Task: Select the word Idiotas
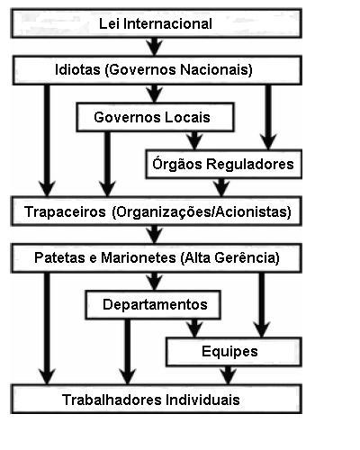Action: [77, 69]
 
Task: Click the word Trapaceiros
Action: [65, 211]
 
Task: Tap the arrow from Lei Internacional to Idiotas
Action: [155, 47]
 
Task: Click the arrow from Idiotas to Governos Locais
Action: [155, 94]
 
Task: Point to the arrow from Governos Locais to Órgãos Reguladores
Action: [194, 140]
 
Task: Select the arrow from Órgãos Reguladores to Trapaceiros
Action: [221, 187]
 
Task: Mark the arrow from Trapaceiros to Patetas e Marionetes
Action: [155, 235]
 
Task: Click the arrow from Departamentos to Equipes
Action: [194, 328]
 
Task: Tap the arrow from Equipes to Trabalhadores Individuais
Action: [228, 375]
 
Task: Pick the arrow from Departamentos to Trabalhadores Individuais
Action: [128, 352]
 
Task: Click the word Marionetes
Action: [139, 257]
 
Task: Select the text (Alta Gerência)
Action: [230, 257]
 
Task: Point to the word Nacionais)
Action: [216, 69]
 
